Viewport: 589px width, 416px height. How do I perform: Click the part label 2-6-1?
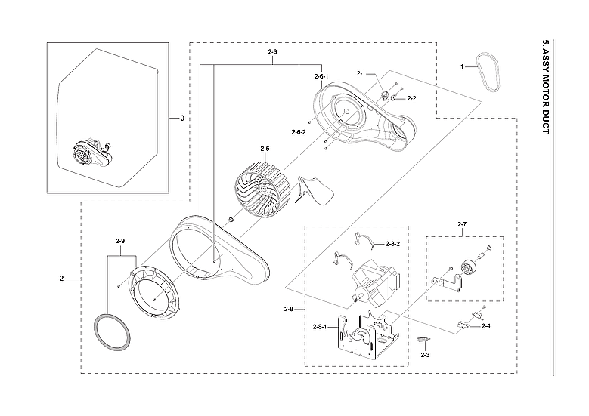click(x=321, y=77)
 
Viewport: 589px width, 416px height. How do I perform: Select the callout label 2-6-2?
click(x=299, y=133)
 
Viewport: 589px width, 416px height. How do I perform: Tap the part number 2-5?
click(x=265, y=149)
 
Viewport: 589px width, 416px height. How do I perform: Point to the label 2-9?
click(x=120, y=241)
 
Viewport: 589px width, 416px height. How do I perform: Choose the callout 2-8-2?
click(x=392, y=244)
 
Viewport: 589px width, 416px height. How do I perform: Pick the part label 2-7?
click(x=462, y=224)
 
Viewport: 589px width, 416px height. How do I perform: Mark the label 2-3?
click(x=425, y=354)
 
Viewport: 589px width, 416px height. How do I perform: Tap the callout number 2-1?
click(x=361, y=73)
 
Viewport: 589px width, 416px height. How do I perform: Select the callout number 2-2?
click(x=411, y=98)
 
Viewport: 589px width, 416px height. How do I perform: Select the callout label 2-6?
click(x=273, y=51)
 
